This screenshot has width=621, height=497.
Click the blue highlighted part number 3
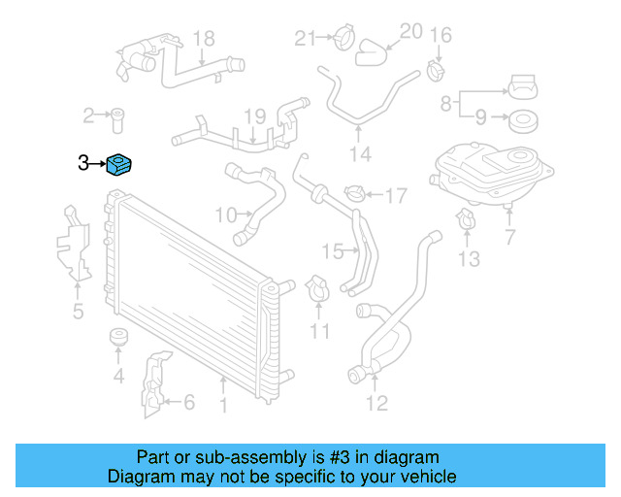120,166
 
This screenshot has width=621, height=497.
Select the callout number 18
203,39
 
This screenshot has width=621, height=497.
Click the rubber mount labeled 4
118,340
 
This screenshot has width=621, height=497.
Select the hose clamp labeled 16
436,69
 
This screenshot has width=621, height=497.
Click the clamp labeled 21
340,40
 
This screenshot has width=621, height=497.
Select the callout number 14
360,154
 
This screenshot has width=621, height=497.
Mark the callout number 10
225,214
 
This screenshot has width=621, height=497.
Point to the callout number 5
78,311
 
